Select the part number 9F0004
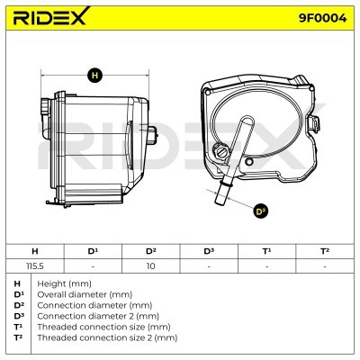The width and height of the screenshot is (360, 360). tap(322, 18)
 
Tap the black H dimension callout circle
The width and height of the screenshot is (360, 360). tap(94, 75)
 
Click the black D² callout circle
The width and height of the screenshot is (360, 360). tap(260, 211)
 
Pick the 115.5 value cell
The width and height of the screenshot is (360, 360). tap(35, 266)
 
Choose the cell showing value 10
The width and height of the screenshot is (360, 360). tap(150, 266)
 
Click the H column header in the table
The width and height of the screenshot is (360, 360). tap(35, 251)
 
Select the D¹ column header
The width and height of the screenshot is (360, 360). tap(93, 251)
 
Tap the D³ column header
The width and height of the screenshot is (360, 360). tap(209, 251)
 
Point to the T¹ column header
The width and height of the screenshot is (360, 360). tap(266, 251)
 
